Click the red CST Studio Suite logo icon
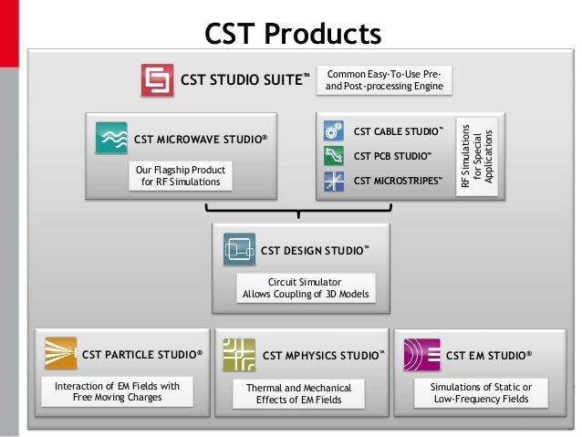pos(158,80)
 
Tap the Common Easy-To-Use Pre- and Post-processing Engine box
pos(385,79)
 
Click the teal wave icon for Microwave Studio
pos(111,140)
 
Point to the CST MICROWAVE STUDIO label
pos(201,140)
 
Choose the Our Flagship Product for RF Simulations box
pos(180,176)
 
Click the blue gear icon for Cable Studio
pos(333,131)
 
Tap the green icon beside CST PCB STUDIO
pos(333,156)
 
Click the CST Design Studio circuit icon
pos(239,248)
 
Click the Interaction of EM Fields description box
pos(118,392)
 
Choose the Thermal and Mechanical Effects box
pos(298,394)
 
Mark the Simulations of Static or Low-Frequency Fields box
pos(481,393)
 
